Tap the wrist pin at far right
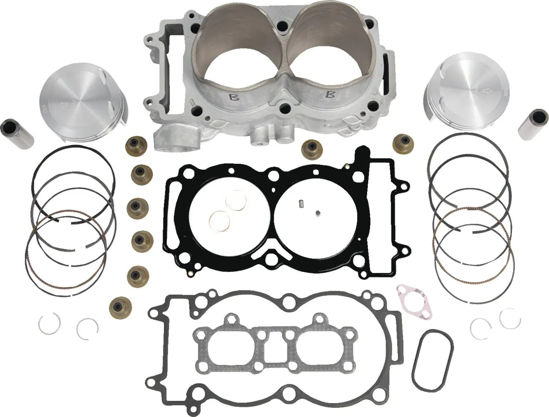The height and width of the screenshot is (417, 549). pyautogui.click(x=533, y=128)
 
